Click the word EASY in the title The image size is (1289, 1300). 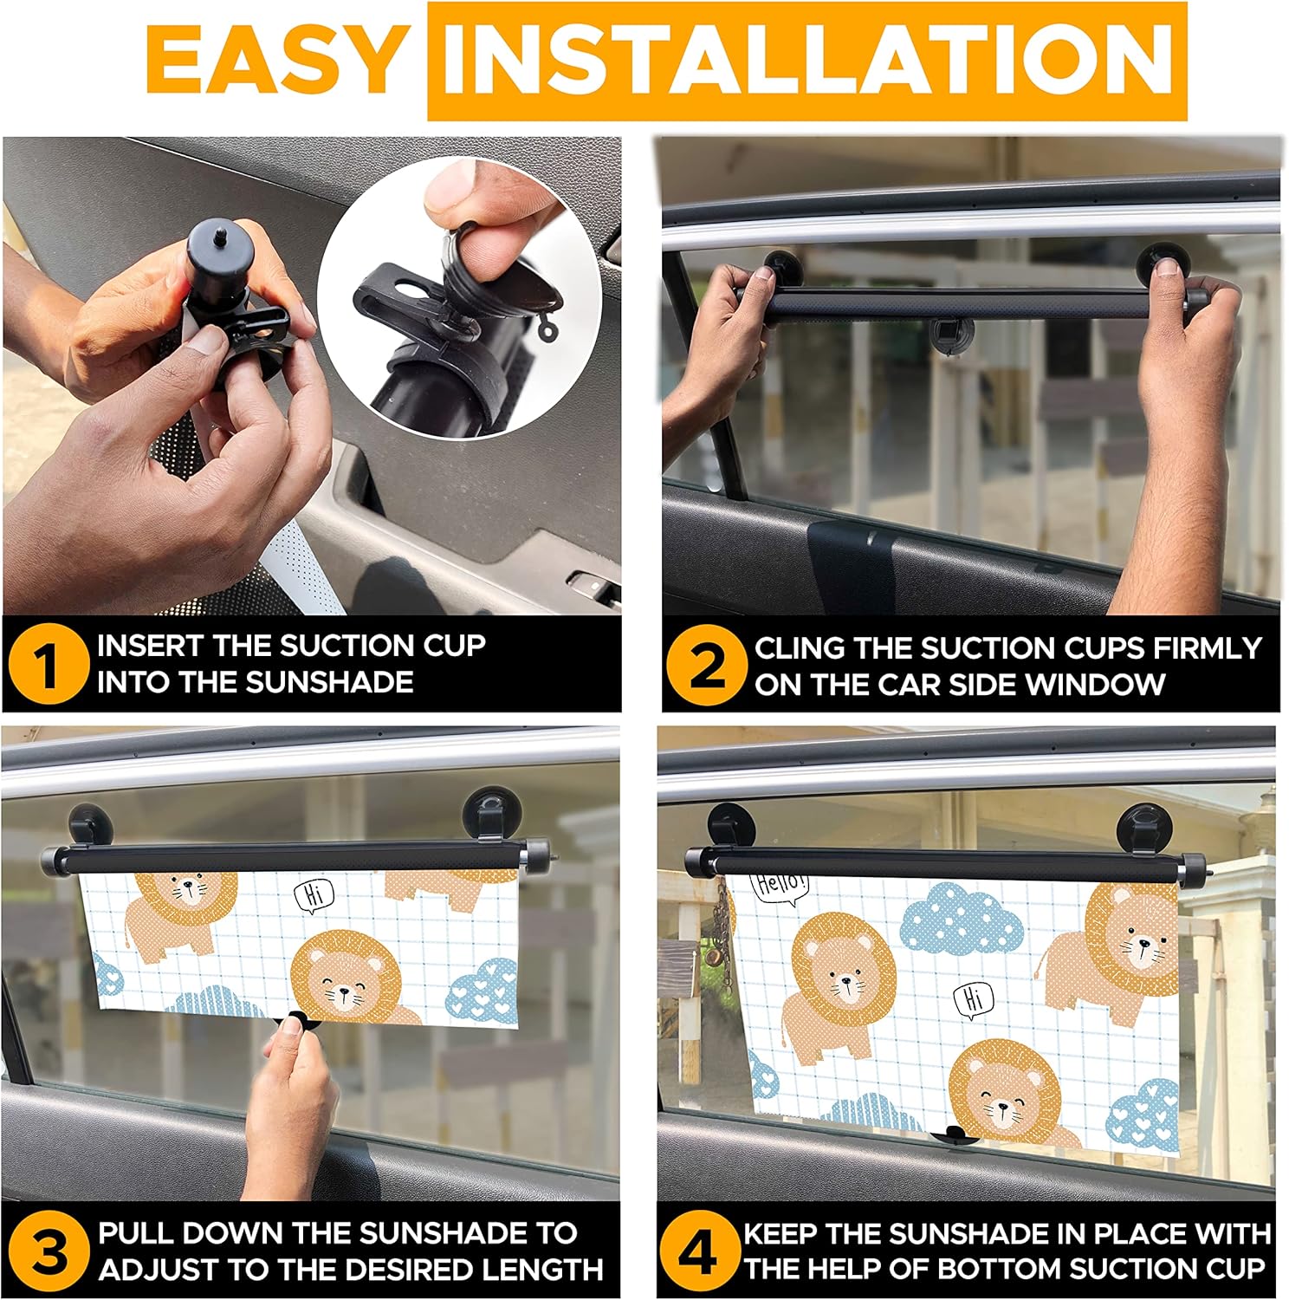click(273, 59)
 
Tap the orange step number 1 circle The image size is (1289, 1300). click(48, 665)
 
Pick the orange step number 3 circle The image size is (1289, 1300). click(48, 1251)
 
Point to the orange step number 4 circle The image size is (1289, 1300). click(697, 1251)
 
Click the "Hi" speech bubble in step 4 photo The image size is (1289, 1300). click(974, 1001)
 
